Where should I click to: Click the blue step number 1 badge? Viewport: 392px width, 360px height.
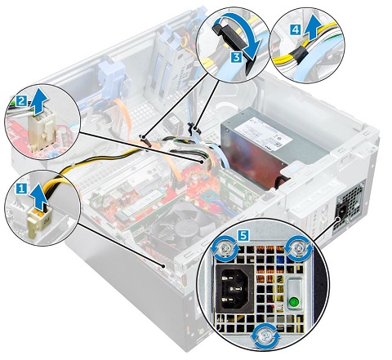(21, 189)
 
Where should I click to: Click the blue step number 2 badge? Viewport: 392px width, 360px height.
(21, 101)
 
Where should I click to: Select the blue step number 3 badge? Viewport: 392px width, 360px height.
(236, 57)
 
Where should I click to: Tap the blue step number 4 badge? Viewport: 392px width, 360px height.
(296, 29)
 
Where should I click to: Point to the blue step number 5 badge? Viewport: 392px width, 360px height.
(243, 234)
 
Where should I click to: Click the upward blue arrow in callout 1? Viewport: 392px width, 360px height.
(38, 195)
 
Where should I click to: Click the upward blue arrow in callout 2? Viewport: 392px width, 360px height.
(37, 102)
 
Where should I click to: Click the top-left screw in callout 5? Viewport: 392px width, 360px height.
(225, 247)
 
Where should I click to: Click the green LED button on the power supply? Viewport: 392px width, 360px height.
(293, 301)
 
